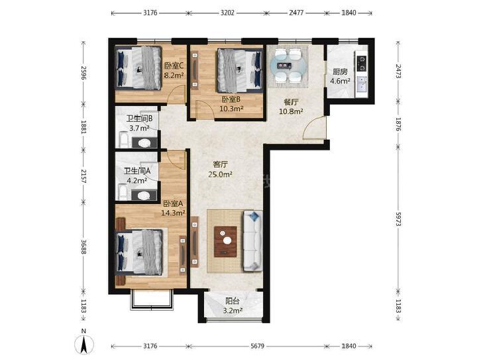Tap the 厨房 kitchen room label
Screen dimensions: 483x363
(x=340, y=72)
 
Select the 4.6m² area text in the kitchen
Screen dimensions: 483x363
(x=340, y=81)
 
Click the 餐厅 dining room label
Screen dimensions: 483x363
(x=291, y=102)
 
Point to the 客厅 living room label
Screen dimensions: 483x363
(x=221, y=164)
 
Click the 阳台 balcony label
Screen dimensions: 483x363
(x=233, y=301)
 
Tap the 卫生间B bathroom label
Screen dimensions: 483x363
(x=140, y=119)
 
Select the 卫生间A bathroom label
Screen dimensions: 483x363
(x=137, y=171)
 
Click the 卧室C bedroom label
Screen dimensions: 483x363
(x=174, y=66)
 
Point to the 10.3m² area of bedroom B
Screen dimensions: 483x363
(x=231, y=109)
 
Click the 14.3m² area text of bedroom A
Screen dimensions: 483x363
(x=173, y=213)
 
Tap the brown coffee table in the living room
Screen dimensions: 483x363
(x=225, y=242)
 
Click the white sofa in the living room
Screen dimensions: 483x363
(x=253, y=240)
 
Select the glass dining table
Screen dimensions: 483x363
(x=288, y=66)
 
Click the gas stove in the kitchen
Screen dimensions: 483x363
(x=362, y=63)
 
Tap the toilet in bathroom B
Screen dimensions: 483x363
(x=144, y=143)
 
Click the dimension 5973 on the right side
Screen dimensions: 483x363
(x=398, y=219)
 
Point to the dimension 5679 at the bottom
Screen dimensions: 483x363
(x=257, y=346)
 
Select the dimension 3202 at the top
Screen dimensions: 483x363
(x=227, y=13)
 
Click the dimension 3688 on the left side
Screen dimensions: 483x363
(x=83, y=246)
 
